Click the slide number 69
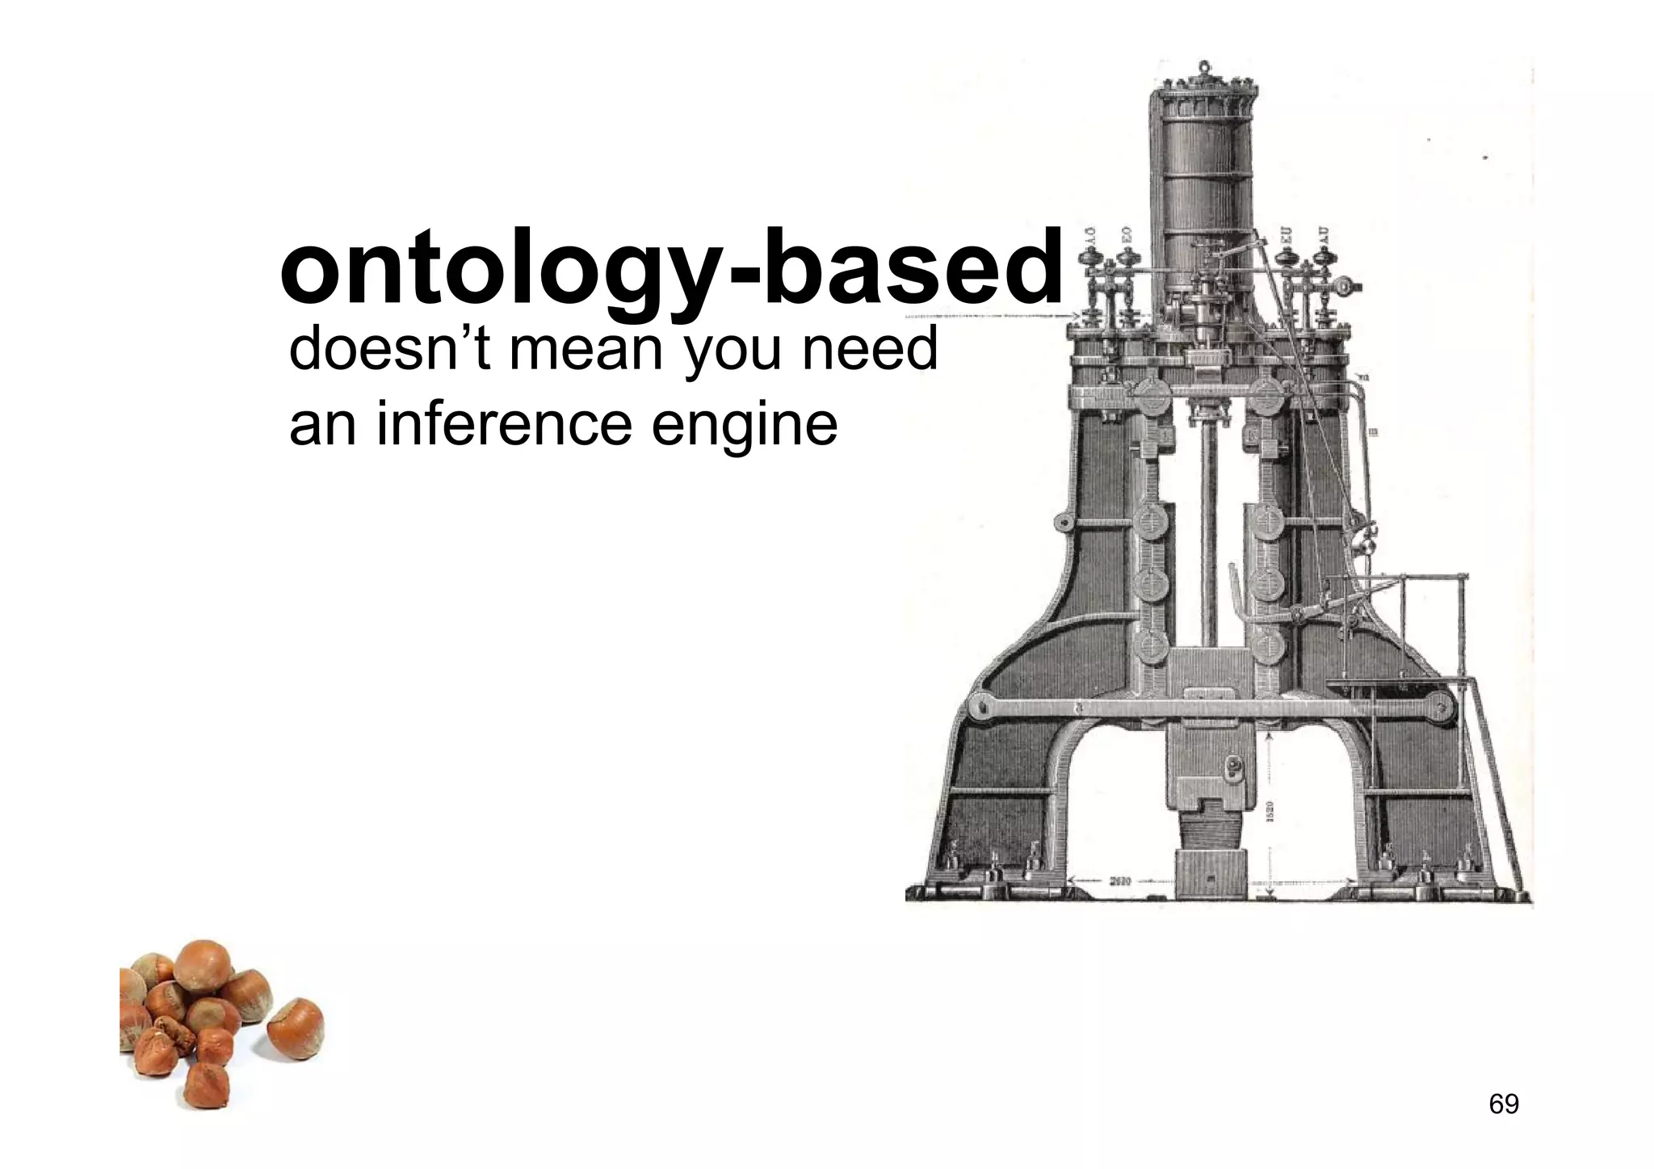[x=1503, y=1104]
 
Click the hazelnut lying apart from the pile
[x=296, y=1028]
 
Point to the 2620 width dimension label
[x=1119, y=882]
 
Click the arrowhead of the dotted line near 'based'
[x=1074, y=317]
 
